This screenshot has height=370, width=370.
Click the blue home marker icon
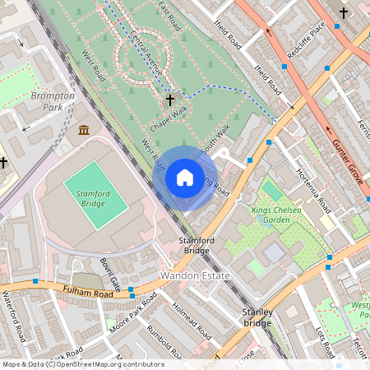185,178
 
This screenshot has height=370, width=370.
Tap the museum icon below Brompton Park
84,130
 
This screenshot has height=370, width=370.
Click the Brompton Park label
52,101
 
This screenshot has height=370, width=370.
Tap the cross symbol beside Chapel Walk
170,99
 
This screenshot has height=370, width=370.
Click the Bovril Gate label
110,275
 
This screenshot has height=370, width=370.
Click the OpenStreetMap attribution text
83,364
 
